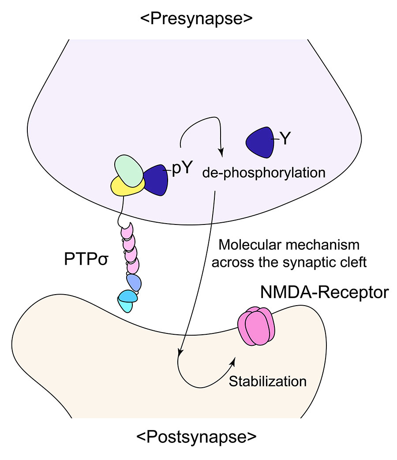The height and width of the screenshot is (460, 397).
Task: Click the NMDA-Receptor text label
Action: (x=324, y=292)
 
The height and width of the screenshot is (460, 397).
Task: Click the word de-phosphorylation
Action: (x=264, y=172)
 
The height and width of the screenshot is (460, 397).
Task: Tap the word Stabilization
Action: (x=268, y=381)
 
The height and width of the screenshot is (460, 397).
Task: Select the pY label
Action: (x=183, y=169)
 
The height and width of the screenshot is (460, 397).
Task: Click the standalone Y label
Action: (x=285, y=139)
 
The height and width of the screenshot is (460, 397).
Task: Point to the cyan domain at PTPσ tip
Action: (x=128, y=301)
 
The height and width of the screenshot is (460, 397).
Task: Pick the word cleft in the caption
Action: (x=355, y=262)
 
